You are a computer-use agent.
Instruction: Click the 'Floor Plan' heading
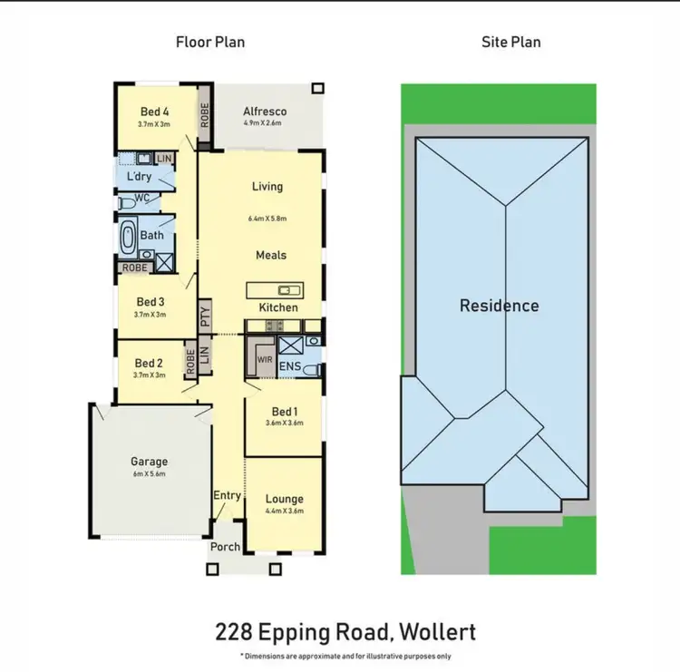[209, 42]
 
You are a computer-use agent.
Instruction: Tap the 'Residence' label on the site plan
[499, 306]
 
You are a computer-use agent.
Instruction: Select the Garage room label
[149, 462]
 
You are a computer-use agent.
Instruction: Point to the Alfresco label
[263, 112]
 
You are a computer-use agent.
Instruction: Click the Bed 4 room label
[154, 112]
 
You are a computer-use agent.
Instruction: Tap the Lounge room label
[284, 499]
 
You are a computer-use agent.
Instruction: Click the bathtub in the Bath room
[128, 238]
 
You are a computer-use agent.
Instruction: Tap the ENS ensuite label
[290, 366]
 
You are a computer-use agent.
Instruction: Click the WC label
[141, 198]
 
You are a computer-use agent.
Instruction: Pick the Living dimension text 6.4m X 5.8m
[267, 219]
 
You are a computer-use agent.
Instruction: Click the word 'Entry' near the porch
[227, 495]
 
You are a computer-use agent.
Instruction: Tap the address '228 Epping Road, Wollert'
[345, 632]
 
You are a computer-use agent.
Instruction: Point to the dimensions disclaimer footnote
[345, 656]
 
